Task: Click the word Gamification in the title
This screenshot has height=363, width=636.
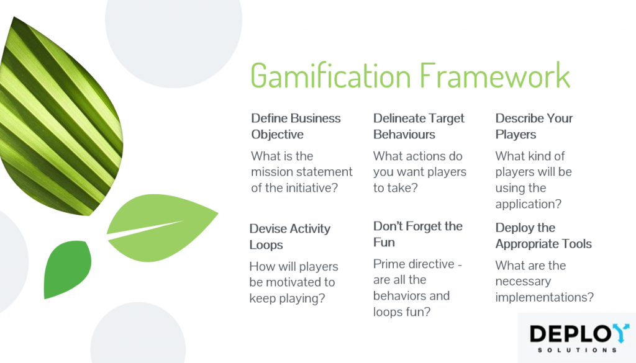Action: coord(331,76)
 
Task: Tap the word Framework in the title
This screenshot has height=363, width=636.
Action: coord(495,75)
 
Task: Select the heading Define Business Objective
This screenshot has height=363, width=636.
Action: coord(296,126)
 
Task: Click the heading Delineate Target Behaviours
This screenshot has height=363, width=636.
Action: coord(419,126)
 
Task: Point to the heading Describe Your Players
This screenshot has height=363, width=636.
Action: coord(534,126)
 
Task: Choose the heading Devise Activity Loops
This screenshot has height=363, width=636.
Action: coord(289,236)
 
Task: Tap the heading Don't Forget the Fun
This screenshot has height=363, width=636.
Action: coord(418,234)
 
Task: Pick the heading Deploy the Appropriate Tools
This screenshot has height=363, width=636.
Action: coord(543,236)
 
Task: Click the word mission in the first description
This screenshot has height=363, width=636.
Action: coord(273,172)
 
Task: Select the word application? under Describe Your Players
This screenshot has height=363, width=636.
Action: coord(528,204)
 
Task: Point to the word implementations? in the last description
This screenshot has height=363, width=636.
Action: coord(544,297)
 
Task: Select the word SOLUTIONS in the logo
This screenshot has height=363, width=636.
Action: coord(577,350)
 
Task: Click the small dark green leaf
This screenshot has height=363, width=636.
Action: coord(67,269)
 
